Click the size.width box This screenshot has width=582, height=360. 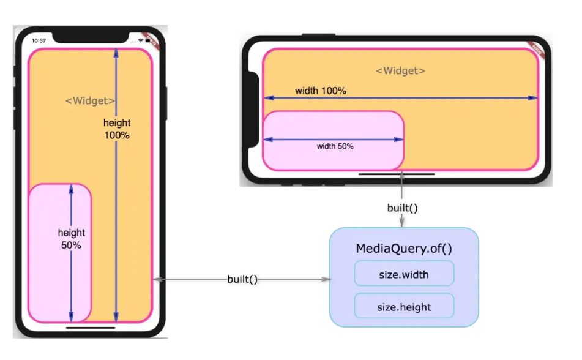pos(404,274)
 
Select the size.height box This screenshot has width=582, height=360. pos(404,306)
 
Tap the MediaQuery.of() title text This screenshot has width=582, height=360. pos(404,249)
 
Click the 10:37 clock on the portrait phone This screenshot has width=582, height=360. pos(39,40)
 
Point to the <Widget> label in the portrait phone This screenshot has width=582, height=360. pos(90,101)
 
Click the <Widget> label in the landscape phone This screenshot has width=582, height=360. pos(400,71)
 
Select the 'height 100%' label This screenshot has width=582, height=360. pos(116,129)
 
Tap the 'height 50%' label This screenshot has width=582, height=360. pos(72,239)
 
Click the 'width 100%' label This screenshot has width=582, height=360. pos(321,91)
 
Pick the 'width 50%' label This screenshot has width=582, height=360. pos(335,146)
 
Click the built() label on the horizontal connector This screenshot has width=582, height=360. pos(242,279)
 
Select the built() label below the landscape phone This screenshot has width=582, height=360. pos(402,208)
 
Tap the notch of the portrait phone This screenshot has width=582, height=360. pos(91,39)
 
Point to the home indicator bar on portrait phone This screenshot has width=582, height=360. pos(91,328)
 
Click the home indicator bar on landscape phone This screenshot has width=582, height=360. pos(397,174)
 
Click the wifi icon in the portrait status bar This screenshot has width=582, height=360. pos(141,40)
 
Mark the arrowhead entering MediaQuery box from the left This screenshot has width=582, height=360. pos(326,279)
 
